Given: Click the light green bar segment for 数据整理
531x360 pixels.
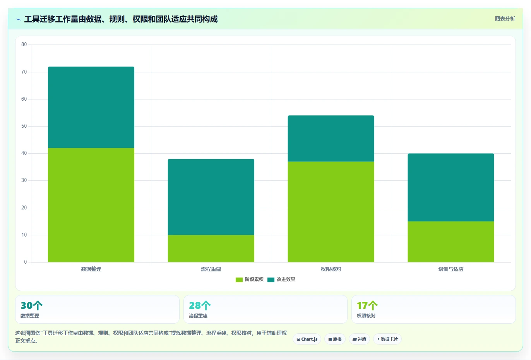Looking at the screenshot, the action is point(91,205).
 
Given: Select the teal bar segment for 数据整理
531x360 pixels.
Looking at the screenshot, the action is point(91,107).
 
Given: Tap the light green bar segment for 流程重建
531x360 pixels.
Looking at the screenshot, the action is point(211,249).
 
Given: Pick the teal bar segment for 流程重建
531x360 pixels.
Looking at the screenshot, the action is point(211,197).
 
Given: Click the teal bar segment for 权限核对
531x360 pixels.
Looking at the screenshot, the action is point(331,139).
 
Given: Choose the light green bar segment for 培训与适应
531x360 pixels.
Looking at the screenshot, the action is point(451,242).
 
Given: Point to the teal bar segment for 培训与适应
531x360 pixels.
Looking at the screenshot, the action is point(451,188).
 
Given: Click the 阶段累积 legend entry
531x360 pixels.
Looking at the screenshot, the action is point(249,279).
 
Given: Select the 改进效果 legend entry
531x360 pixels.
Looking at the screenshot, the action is point(281,279).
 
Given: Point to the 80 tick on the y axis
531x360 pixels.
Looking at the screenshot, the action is point(24,45).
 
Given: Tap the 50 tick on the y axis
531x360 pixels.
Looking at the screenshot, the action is point(24,126).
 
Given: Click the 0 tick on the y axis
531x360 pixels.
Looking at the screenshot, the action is point(26,262).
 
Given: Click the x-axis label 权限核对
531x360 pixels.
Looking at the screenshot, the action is point(331,269).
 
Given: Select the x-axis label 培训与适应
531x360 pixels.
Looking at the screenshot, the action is point(451,269).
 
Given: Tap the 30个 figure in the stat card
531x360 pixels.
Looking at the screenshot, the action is point(31,305).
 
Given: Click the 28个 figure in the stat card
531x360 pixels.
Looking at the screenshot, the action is point(200,305).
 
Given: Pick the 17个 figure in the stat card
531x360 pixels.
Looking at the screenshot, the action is point(367,305).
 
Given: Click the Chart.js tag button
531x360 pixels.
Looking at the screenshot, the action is point(307,339).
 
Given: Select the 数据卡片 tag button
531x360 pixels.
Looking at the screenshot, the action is point(387,339).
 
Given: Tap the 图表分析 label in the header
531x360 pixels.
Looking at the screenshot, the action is point(505,19).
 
